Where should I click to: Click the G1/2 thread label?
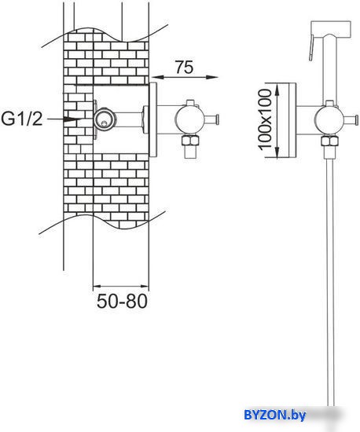[x=22, y=119]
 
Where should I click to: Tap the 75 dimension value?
[x=185, y=67]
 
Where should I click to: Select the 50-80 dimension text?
[x=122, y=301]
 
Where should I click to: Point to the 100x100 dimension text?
[x=265, y=119]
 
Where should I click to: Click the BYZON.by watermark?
[x=274, y=415]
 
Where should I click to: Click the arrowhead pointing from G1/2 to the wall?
[x=72, y=119]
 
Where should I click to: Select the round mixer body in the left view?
[x=187, y=119]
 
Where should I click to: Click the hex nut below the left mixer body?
[x=189, y=141]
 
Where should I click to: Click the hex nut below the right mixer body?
[x=329, y=141]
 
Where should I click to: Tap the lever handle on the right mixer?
[x=350, y=119]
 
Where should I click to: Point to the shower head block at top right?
[x=331, y=29]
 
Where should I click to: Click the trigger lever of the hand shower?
[x=311, y=47]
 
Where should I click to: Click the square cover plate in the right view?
[x=292, y=120]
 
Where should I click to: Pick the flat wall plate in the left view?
[x=153, y=119]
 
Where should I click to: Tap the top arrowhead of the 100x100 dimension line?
[x=277, y=90]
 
